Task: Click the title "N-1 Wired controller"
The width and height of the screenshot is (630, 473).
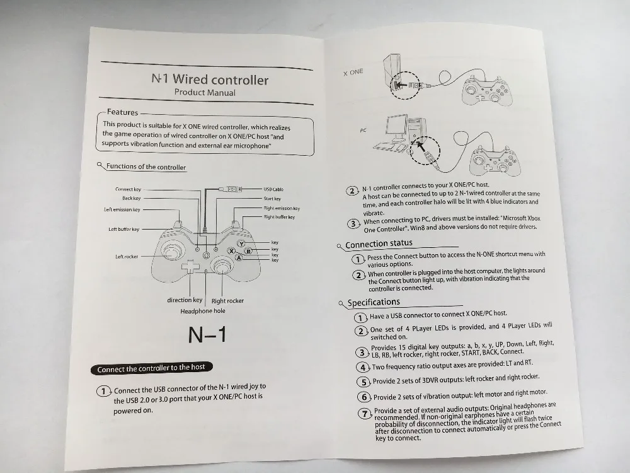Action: click(210, 79)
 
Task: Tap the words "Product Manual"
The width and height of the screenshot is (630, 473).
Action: click(205, 92)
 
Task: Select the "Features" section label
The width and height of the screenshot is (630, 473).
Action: click(123, 112)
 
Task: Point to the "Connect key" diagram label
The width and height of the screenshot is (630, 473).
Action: click(128, 189)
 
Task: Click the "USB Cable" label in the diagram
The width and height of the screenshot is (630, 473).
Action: click(273, 189)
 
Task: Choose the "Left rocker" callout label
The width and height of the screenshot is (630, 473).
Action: click(127, 257)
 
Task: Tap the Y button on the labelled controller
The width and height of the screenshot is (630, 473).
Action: click(241, 243)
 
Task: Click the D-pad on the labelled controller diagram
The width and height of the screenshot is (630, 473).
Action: click(190, 267)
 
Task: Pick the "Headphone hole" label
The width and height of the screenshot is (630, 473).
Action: click(203, 311)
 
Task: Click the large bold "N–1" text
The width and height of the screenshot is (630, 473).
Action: click(207, 335)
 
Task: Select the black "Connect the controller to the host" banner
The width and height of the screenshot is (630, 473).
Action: click(151, 368)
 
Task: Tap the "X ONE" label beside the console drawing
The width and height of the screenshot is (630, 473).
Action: click(353, 72)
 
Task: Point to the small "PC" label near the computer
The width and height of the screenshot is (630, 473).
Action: click(364, 131)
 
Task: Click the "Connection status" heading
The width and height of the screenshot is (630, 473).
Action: click(379, 243)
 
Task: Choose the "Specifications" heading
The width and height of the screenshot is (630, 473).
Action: click(374, 303)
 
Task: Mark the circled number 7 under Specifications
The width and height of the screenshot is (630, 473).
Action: click(364, 414)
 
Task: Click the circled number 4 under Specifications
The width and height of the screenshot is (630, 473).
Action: click(363, 367)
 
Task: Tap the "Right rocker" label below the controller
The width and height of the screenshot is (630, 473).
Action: click(227, 301)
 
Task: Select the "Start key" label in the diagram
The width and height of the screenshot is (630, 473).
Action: click(272, 199)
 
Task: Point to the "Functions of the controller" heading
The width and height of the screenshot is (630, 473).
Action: click(146, 167)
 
